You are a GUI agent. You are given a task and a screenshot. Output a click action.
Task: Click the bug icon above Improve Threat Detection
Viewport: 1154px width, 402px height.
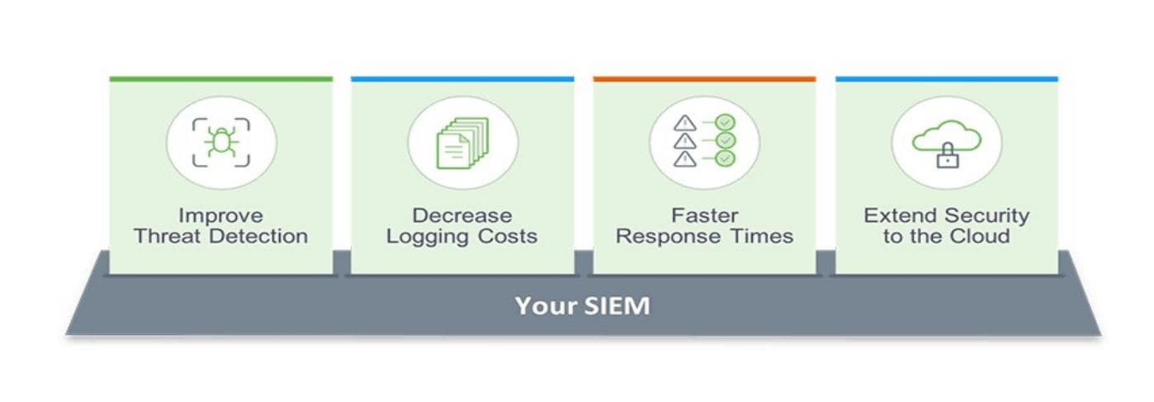[221, 142]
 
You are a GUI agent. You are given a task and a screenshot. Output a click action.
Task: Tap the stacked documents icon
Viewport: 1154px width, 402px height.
[462, 143]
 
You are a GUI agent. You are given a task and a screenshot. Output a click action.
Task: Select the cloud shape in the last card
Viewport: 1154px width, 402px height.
[947, 136]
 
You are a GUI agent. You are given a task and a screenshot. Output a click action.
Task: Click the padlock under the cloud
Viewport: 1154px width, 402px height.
[947, 155]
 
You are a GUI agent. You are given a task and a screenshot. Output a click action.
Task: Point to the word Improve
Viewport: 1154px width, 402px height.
[221, 215]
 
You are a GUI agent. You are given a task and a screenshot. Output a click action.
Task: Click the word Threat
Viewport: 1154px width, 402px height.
[167, 236]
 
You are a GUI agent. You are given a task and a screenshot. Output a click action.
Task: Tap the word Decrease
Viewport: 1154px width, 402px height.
[462, 215]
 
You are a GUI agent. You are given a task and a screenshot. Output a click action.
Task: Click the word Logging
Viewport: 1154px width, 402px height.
[427, 237]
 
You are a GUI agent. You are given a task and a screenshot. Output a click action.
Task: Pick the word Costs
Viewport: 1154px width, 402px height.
[507, 236]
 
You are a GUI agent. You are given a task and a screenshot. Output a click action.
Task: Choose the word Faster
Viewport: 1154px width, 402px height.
[705, 215]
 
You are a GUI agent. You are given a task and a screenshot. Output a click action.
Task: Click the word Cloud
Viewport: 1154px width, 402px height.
[980, 236]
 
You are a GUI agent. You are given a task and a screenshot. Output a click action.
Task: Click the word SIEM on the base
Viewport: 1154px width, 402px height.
[617, 305]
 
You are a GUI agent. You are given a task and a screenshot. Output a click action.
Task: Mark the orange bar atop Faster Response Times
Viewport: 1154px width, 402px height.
[705, 79]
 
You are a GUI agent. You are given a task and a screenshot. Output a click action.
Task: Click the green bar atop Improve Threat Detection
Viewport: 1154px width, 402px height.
[221, 79]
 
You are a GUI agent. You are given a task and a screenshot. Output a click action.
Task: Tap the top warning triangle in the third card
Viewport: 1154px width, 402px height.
[685, 124]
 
